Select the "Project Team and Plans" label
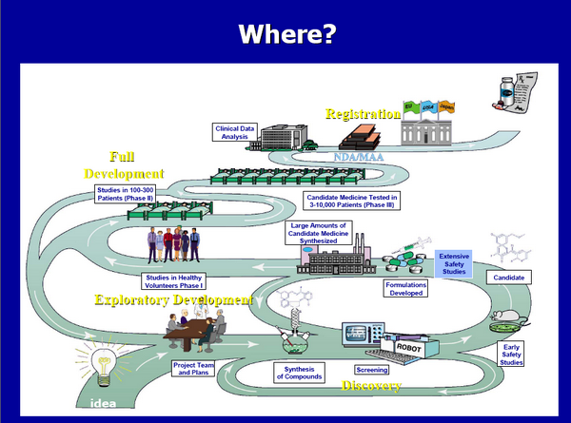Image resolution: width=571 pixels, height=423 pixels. click(194, 367)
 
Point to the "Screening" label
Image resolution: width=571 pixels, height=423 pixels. click(371, 369)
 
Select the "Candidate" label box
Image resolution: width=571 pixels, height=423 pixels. click(507, 278)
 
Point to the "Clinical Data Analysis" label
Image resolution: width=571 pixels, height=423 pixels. click(229, 131)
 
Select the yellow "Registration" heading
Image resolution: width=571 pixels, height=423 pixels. click(363, 114)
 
